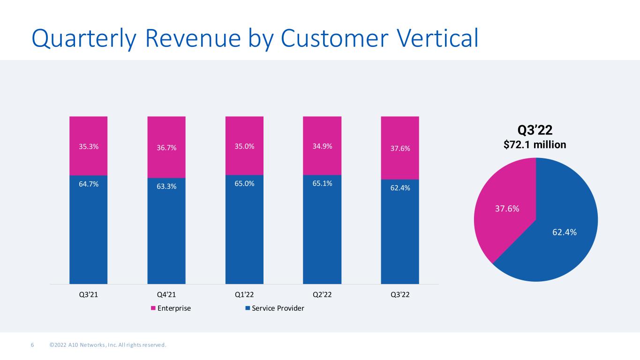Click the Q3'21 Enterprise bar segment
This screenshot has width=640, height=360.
[89, 146]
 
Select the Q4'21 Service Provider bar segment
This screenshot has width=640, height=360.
[166, 231]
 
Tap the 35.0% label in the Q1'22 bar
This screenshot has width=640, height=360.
[244, 146]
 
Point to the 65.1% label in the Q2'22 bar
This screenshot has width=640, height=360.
[322, 183]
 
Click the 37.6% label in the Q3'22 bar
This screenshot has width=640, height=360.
[400, 148]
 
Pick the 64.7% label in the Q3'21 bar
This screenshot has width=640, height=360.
[89, 184]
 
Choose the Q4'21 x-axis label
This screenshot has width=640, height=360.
[166, 294]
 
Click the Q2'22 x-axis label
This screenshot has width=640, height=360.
[322, 294]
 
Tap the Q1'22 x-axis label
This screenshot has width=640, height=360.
[244, 294]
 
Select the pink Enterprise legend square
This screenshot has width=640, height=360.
[153, 308]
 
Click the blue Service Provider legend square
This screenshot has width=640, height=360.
[248, 308]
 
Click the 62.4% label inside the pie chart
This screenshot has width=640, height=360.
[565, 232]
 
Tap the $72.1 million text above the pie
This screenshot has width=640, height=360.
[535, 144]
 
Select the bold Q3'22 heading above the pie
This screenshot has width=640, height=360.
[535, 130]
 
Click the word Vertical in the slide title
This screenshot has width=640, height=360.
[437, 38]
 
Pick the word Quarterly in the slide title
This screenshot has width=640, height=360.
[84, 39]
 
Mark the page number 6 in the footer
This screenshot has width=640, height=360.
[32, 345]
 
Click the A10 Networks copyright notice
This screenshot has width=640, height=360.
[108, 345]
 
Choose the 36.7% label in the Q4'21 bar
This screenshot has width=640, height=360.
[166, 148]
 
